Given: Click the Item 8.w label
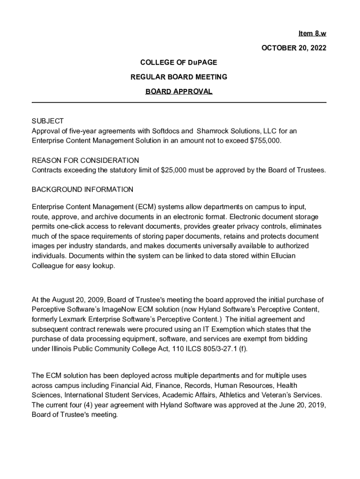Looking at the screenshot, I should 312,34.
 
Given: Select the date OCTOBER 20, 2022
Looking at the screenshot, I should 293,48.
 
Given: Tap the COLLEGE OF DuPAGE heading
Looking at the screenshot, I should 179,62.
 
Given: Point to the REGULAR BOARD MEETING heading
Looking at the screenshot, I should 179,77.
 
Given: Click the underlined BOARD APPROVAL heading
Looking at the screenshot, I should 179,92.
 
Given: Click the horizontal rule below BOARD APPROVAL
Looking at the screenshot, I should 179,102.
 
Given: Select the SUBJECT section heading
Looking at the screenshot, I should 48,121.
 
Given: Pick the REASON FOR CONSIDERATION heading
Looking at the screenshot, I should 85,160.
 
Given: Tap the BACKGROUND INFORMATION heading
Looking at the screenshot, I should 82,189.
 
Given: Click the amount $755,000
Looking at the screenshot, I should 266,140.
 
